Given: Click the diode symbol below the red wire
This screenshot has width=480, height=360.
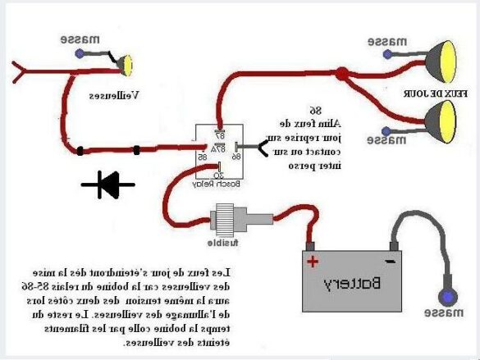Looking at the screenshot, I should [x=108, y=184].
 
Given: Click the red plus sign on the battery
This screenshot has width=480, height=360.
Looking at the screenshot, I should [x=313, y=262].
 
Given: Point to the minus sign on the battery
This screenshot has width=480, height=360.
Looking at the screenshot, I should [x=391, y=261].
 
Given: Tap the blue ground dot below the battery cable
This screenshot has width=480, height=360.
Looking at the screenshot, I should [x=447, y=296].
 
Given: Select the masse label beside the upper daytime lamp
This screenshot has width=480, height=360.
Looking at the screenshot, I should [x=386, y=40].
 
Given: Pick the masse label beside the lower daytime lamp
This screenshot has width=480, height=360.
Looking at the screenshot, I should [x=386, y=139].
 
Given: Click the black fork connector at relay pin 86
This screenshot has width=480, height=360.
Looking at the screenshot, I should [x=262, y=148].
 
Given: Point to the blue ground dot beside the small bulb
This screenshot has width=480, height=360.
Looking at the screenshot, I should [x=79, y=53].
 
